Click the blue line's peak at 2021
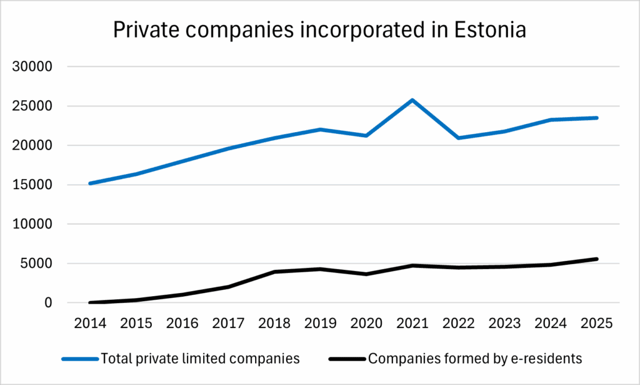point(412,100)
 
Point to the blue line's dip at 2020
point(366,135)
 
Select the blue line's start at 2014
point(91,183)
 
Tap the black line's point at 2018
point(274,272)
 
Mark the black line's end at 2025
point(597,259)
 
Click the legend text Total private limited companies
point(200,359)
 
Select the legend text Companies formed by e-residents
point(475,359)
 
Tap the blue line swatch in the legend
point(79,359)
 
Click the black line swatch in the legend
point(346,359)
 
